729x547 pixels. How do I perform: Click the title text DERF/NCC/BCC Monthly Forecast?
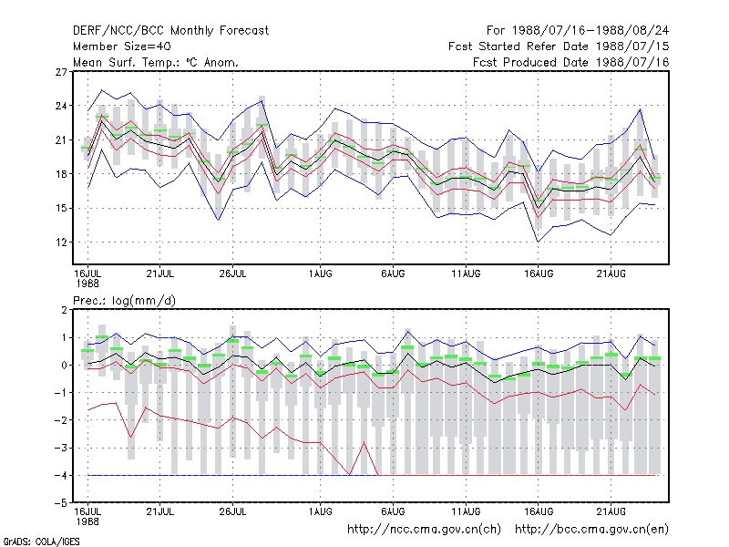[170, 31]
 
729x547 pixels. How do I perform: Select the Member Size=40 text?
[122, 46]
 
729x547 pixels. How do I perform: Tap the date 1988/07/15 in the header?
[632, 46]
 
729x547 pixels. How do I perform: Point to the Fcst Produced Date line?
[571, 62]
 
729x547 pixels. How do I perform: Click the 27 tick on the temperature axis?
[61, 72]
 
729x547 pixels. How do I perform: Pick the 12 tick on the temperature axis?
[61, 243]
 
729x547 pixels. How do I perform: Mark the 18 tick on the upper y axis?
[61, 174]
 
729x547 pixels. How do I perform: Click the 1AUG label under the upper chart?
[321, 274]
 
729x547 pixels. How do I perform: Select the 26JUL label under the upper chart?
[232, 274]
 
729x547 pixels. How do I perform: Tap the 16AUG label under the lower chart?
[539, 511]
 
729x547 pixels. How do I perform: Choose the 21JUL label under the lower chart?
[160, 511]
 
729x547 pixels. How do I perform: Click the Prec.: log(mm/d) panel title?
[124, 301]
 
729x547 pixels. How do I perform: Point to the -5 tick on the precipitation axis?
[61, 503]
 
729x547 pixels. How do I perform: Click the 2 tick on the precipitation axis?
[64, 310]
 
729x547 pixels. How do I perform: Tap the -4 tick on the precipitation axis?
[61, 476]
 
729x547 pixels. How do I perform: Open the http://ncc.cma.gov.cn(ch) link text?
[424, 530]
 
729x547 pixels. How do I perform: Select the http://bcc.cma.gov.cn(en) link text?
[591, 530]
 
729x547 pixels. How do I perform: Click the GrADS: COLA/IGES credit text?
[41, 542]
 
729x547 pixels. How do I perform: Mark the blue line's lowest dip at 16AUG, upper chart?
[539, 242]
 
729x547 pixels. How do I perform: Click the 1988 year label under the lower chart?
[87, 521]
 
